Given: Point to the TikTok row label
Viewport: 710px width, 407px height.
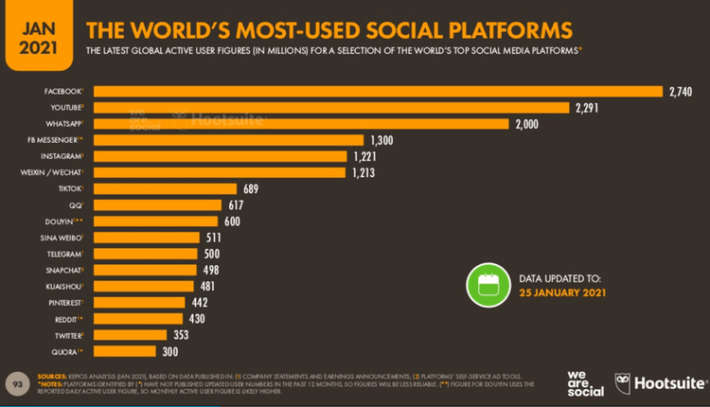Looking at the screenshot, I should [x=69, y=187].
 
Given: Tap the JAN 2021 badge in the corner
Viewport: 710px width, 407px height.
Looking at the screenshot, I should [x=33, y=33].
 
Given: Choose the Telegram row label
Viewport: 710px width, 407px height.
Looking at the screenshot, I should [x=63, y=254].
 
